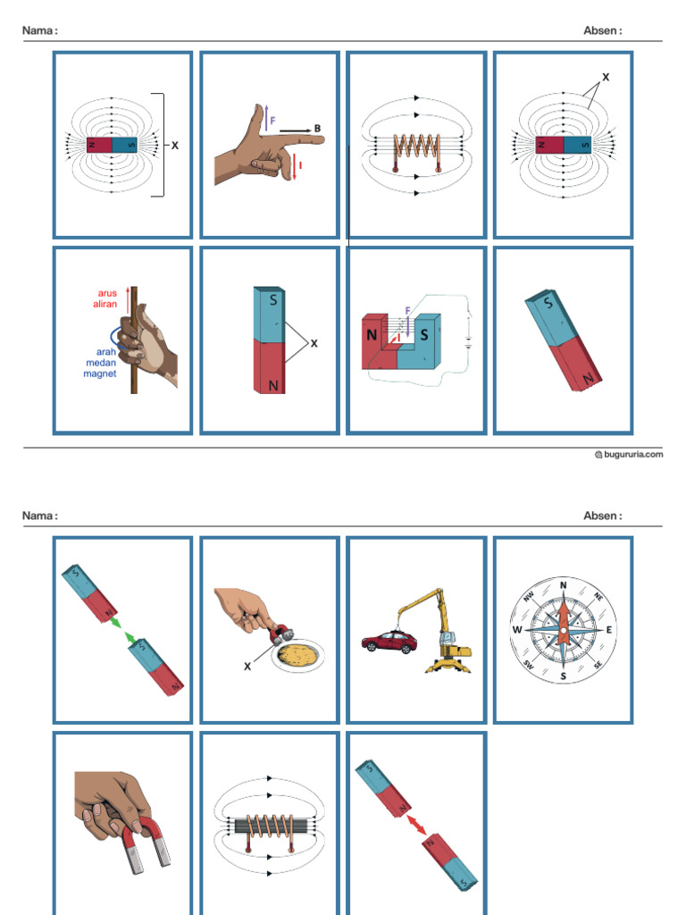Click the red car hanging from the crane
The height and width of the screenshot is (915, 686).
pyautogui.click(x=389, y=642)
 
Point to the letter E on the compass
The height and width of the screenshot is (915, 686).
pyautogui.click(x=609, y=630)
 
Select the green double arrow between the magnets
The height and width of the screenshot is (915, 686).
pyautogui.click(x=122, y=627)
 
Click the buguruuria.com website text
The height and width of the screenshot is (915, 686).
pyautogui.click(x=633, y=454)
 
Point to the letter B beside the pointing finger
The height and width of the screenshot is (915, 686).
pyautogui.click(x=317, y=129)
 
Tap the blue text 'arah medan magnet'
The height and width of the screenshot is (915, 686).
pyautogui.click(x=100, y=362)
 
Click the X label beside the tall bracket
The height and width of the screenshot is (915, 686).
pyautogui.click(x=175, y=145)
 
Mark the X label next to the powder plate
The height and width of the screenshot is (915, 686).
pyautogui.click(x=247, y=666)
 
